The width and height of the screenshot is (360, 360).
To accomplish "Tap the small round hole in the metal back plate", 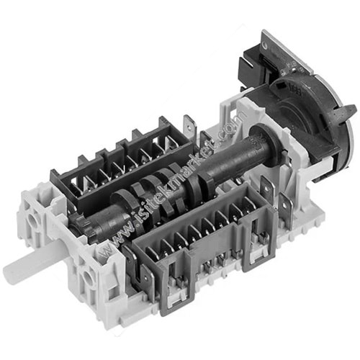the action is point(264,45).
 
